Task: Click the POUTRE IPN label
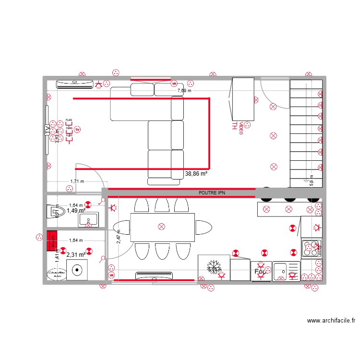point(212,193)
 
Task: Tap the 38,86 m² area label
point(196,174)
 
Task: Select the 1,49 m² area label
point(76,210)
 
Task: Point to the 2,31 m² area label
point(75,255)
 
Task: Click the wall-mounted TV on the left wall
point(47,130)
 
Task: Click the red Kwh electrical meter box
point(51,241)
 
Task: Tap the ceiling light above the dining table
point(161,226)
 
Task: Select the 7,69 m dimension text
point(184,90)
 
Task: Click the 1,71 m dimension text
point(77,181)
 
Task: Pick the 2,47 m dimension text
point(119,237)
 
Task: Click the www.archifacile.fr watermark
point(332,321)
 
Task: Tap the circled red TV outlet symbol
point(77,129)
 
